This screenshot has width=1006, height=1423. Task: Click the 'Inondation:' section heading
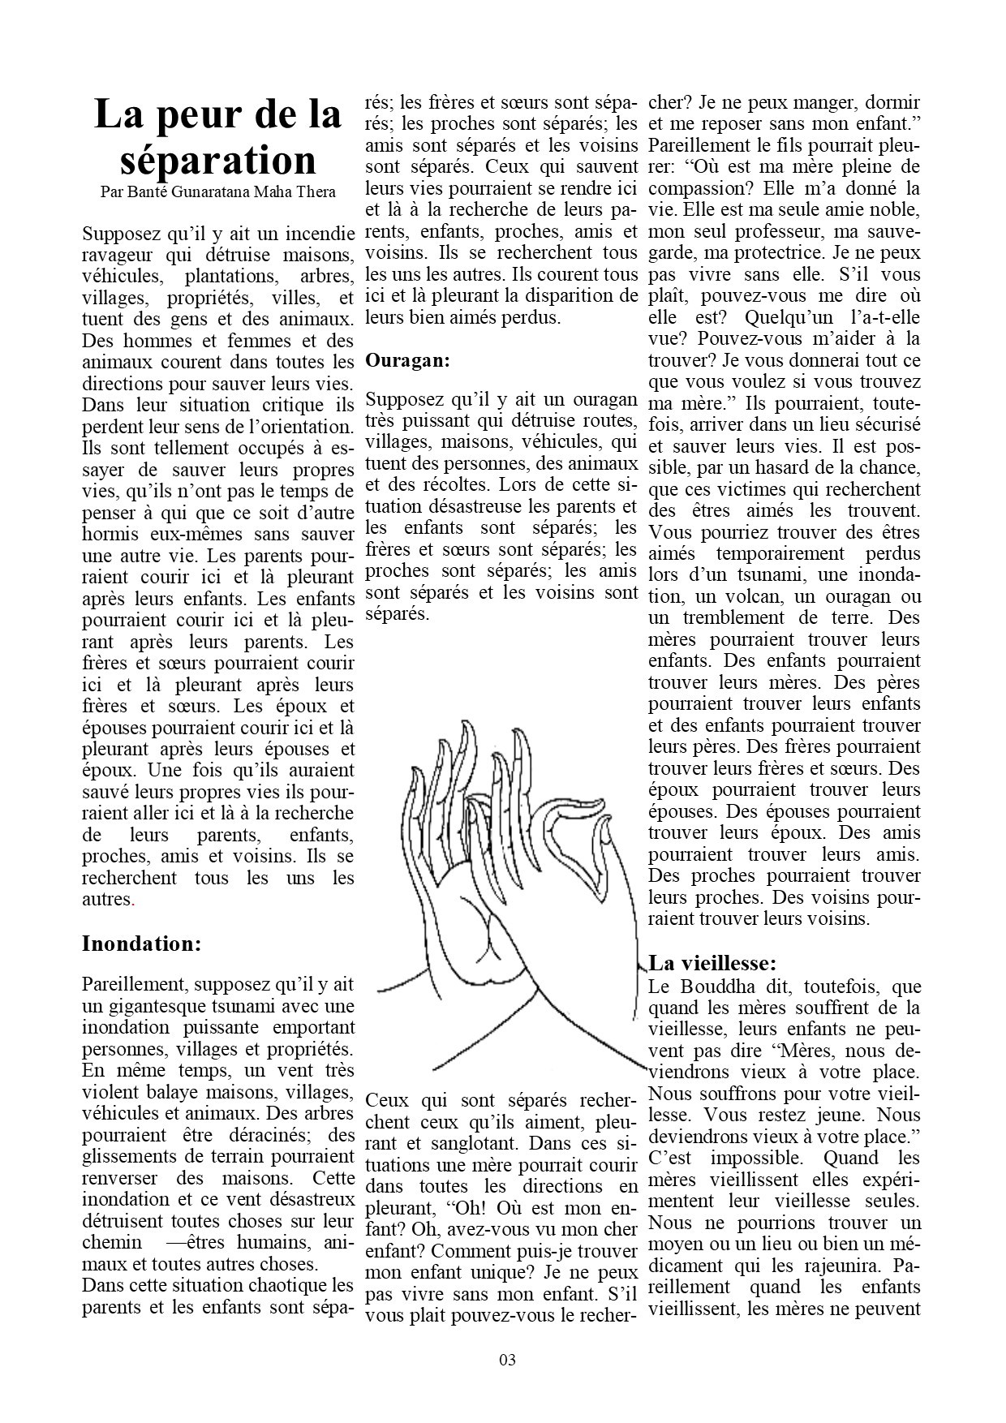(x=141, y=944)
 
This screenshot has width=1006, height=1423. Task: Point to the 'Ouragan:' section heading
(x=407, y=360)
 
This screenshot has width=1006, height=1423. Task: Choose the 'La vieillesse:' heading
(x=713, y=963)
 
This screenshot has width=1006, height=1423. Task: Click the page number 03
(x=507, y=1360)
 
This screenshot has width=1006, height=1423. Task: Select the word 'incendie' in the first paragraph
(x=316, y=234)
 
